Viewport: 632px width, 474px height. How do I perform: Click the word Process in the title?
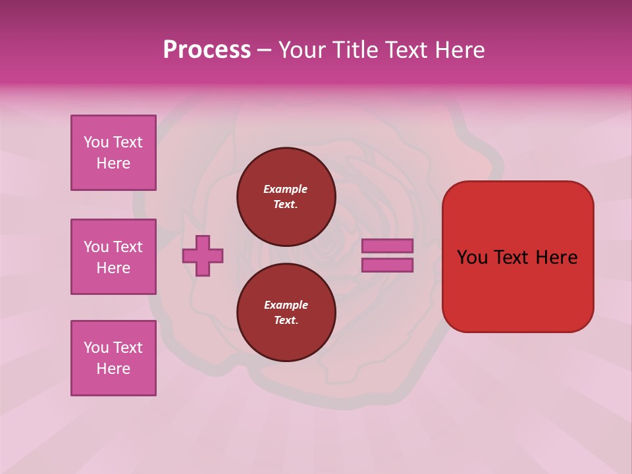[x=207, y=50]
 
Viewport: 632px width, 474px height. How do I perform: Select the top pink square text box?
[x=113, y=153]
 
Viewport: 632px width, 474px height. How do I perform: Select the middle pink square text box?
[x=113, y=257]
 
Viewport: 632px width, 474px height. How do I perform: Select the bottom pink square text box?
[x=113, y=358]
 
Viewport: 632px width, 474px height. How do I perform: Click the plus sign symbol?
[x=203, y=255]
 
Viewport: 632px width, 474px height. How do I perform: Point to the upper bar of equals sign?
[x=387, y=246]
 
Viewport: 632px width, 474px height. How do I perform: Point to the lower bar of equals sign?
[x=387, y=265]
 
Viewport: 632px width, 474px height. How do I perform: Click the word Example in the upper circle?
[x=286, y=189]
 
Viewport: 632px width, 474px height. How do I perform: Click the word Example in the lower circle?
[x=286, y=305]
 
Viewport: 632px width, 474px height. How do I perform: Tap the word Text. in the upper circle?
[x=286, y=204]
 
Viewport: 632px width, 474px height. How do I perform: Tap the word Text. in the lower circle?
[x=286, y=320]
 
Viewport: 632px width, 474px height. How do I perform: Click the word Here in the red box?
[x=556, y=257]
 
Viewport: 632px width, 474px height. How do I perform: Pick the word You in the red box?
[x=471, y=257]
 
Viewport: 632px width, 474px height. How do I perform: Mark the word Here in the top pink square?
[x=113, y=163]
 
